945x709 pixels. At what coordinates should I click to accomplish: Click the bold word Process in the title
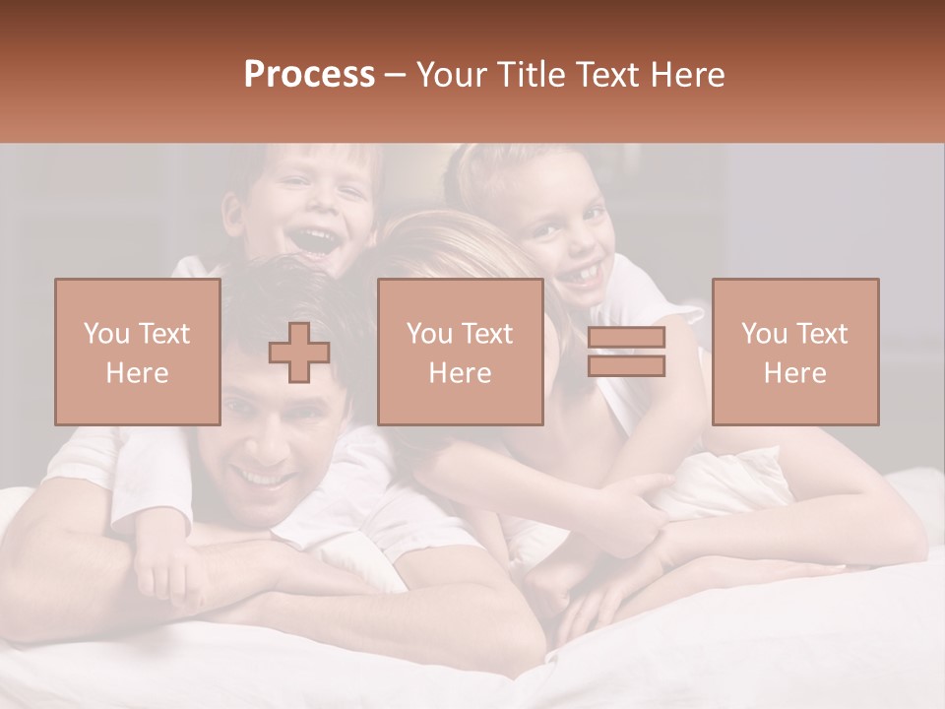pos(309,75)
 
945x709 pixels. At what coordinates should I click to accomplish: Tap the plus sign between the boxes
pos(299,352)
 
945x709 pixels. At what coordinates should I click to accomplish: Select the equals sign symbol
pos(626,352)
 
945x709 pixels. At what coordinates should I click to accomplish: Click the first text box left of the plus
pos(137,352)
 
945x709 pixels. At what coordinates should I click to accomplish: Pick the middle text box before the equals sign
pos(460,352)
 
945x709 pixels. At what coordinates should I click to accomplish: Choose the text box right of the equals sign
pos(794,352)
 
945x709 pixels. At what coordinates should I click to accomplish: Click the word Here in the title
pos(686,75)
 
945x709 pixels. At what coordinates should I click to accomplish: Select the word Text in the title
pos(607,75)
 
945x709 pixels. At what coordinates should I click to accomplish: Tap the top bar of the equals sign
pos(626,338)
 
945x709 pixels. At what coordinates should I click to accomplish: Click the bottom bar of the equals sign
pos(626,366)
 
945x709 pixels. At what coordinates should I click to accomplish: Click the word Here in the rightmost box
pos(794,373)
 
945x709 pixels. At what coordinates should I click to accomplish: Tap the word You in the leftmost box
pos(104,334)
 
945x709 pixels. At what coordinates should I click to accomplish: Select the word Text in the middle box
pos(487,334)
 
